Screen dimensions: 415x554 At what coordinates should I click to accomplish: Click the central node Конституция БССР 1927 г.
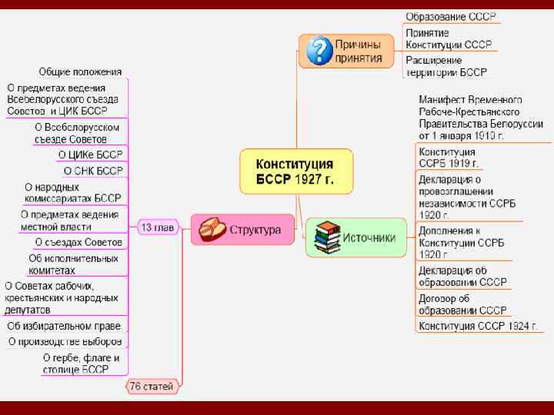click(x=295, y=172)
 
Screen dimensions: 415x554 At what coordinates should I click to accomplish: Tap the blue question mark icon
click(x=318, y=51)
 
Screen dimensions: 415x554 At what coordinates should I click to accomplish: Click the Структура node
click(x=242, y=229)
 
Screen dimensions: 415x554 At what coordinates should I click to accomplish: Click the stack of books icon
click(x=326, y=237)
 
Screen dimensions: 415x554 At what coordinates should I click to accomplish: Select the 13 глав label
click(x=156, y=227)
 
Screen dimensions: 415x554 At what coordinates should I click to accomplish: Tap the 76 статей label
click(x=151, y=387)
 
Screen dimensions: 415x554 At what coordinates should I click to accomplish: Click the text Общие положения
click(x=80, y=71)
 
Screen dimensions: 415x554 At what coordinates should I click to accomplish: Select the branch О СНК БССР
click(x=93, y=171)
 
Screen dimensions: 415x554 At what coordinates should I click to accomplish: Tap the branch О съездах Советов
click(x=78, y=242)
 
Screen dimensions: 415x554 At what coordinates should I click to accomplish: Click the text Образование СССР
click(x=450, y=17)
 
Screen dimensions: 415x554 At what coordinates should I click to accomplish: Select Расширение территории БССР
click(x=446, y=66)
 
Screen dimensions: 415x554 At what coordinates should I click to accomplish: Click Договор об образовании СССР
click(x=462, y=304)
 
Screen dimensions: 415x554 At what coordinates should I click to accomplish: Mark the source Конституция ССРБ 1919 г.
click(x=449, y=158)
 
